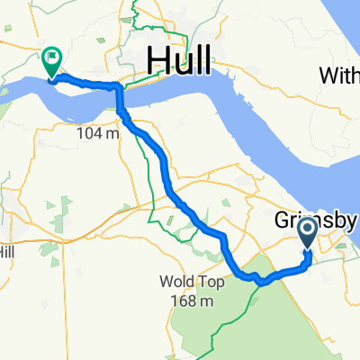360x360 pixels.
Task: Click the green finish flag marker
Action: pyautogui.click(x=50, y=62)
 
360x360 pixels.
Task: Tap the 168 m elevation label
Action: pyautogui.click(x=192, y=300)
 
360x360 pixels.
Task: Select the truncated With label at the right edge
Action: pyautogui.click(x=341, y=76)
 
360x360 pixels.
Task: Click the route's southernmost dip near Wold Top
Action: pyautogui.click(x=260, y=283)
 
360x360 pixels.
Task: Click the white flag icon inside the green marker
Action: pyautogui.click(x=51, y=58)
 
